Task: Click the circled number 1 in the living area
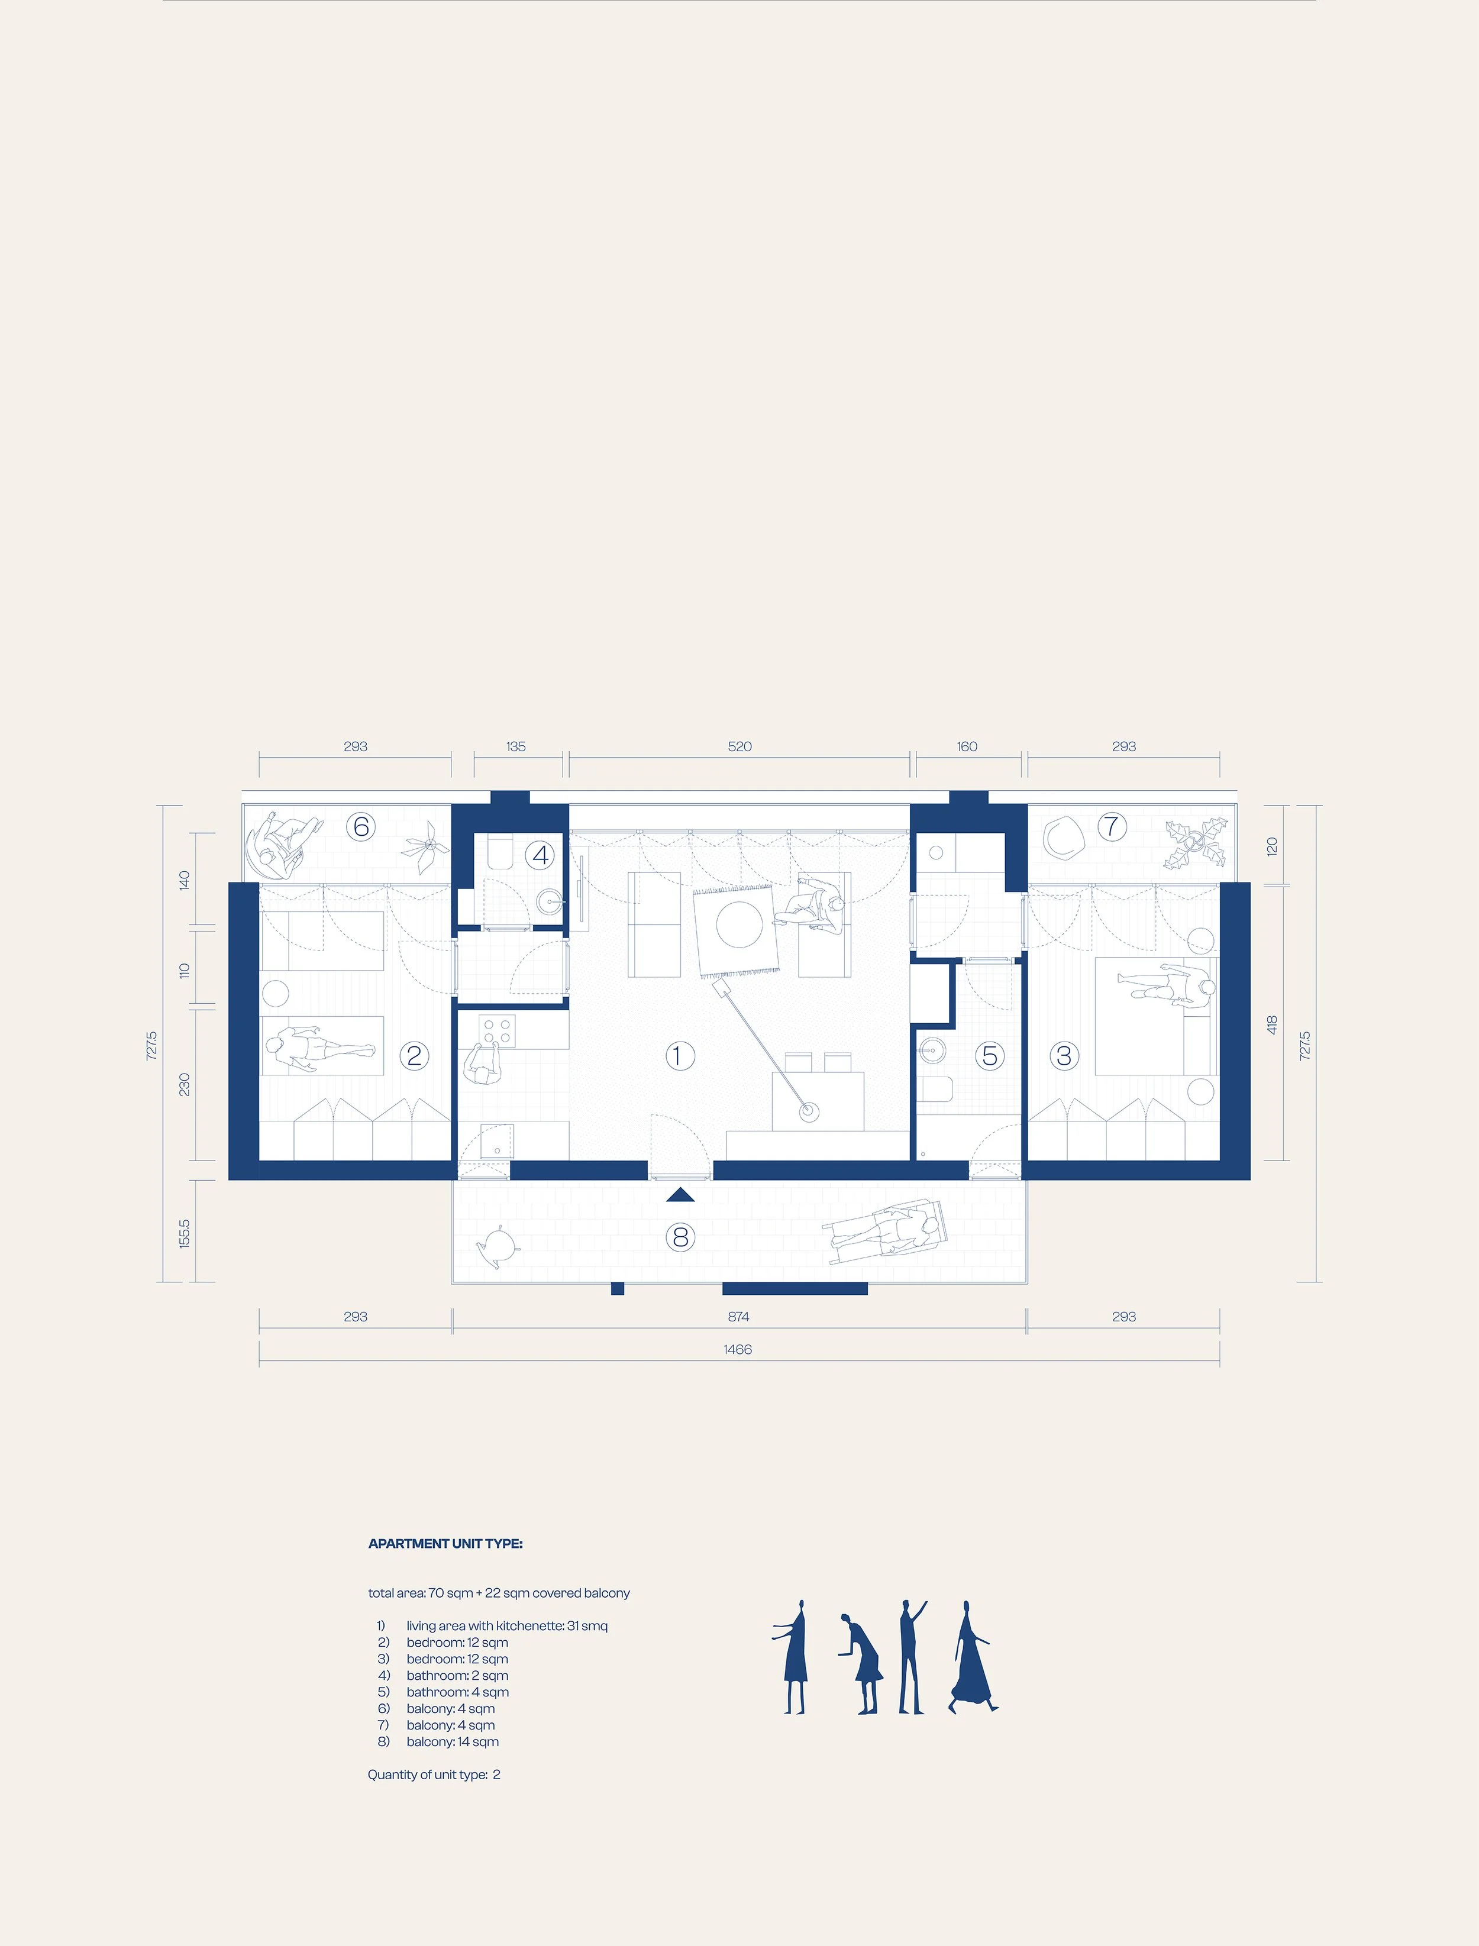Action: pyautogui.click(x=678, y=1055)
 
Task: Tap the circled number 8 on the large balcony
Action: pyautogui.click(x=680, y=1237)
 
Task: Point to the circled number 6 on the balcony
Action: pyautogui.click(x=360, y=826)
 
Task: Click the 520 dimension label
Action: pyautogui.click(x=739, y=746)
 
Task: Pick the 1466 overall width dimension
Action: pyautogui.click(x=738, y=1349)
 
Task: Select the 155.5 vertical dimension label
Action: pyautogui.click(x=184, y=1233)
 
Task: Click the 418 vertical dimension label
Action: pyautogui.click(x=1271, y=1024)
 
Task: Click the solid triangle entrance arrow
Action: pyautogui.click(x=680, y=1194)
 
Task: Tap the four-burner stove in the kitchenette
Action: pyautogui.click(x=498, y=1030)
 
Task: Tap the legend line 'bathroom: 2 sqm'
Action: pyautogui.click(x=457, y=1676)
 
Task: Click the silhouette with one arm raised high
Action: pyautogui.click(x=911, y=1657)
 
